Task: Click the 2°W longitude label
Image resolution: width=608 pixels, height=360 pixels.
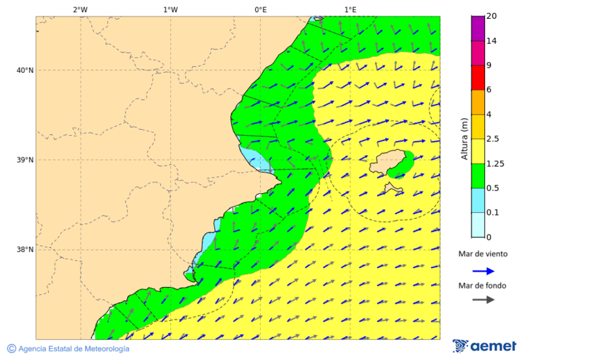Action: point(80,9)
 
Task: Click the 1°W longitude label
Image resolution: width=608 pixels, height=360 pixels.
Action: point(170,9)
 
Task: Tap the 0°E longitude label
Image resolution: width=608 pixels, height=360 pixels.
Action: point(260,9)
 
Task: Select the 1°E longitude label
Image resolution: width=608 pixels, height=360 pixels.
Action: point(351,9)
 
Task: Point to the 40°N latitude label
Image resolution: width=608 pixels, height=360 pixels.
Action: point(25,70)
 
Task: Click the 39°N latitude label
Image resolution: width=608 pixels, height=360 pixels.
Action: point(25,160)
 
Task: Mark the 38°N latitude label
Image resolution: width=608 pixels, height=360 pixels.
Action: point(25,249)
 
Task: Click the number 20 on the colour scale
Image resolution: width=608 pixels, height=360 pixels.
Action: point(492,16)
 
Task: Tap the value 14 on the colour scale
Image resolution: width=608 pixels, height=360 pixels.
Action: point(492,41)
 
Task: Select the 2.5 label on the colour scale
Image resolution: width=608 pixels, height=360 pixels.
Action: point(494,139)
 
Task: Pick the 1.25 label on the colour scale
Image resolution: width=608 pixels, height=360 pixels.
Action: point(496,163)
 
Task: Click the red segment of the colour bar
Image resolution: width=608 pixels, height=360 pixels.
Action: point(478,78)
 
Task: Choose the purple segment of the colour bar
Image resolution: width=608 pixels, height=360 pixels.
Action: point(478,28)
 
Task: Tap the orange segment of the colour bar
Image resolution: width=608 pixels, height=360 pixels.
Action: point(478,102)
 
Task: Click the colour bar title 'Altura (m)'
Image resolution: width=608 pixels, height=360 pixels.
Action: point(464,138)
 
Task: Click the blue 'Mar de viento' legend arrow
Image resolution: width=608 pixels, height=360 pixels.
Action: point(483,271)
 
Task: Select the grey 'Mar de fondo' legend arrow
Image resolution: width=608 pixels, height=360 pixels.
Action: point(483,300)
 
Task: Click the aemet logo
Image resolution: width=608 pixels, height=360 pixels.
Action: point(484,346)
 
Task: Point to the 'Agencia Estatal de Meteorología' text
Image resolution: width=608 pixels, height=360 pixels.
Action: point(73,349)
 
